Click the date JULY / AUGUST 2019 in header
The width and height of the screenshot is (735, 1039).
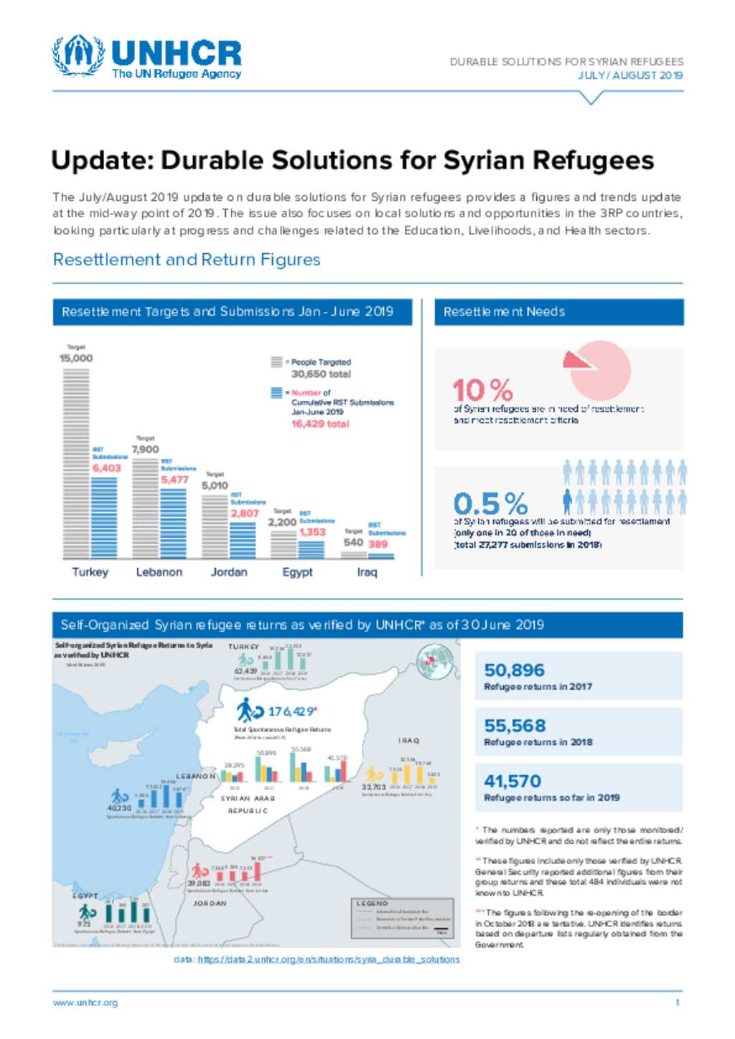630,75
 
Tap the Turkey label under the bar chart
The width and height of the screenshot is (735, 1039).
90,572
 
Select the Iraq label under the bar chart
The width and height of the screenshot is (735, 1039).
366,572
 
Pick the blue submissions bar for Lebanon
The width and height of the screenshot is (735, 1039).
173,523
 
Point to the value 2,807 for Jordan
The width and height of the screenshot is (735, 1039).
244,513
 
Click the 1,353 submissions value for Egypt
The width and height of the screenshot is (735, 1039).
312,532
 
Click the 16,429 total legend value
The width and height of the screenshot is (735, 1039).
319,424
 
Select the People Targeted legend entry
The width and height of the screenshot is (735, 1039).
320,363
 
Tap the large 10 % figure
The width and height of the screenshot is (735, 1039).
482,391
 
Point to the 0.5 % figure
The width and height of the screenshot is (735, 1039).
490,503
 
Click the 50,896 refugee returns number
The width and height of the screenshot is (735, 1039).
514,670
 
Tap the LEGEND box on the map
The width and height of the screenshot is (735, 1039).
402,918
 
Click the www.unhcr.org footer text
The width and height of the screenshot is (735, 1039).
85,1002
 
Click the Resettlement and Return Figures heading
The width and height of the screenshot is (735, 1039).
187,260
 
